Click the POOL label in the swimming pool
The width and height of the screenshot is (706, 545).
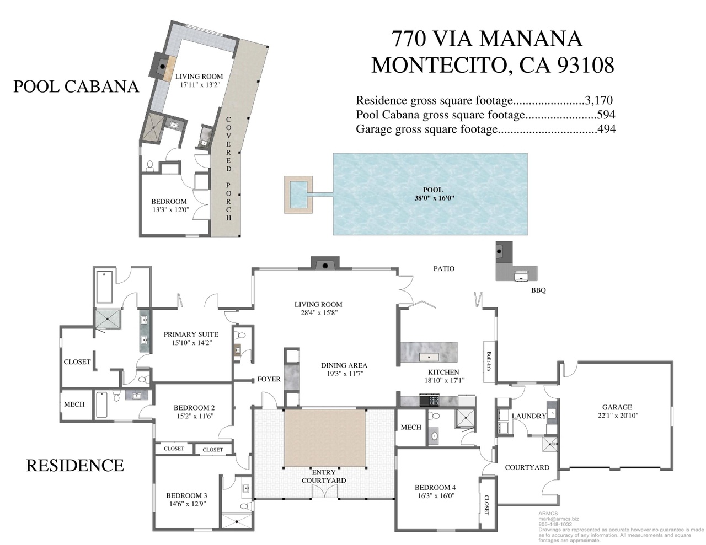pyautogui.click(x=433, y=190)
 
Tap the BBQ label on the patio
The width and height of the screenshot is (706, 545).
pyautogui.click(x=538, y=290)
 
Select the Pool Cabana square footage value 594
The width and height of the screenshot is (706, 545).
pyautogui.click(x=606, y=115)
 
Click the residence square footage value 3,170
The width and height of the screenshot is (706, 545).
pyautogui.click(x=599, y=100)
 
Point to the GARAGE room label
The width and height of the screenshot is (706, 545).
pyautogui.click(x=617, y=407)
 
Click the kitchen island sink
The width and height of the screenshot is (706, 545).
pyautogui.click(x=429, y=357)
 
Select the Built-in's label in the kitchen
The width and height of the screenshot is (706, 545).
pyautogui.click(x=489, y=361)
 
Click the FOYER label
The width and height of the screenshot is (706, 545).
pyautogui.click(x=269, y=379)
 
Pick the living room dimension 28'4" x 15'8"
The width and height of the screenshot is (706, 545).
pyautogui.click(x=318, y=313)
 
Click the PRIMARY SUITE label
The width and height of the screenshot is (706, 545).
pyautogui.click(x=191, y=334)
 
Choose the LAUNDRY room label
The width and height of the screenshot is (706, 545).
pyautogui.click(x=529, y=416)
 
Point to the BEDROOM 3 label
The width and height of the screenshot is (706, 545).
pyautogui.click(x=186, y=495)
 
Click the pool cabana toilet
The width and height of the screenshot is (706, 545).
pyautogui.click(x=150, y=166)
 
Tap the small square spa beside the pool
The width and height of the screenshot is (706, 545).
pyautogui.click(x=298, y=195)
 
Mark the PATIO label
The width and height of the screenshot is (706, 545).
pyautogui.click(x=444, y=269)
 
